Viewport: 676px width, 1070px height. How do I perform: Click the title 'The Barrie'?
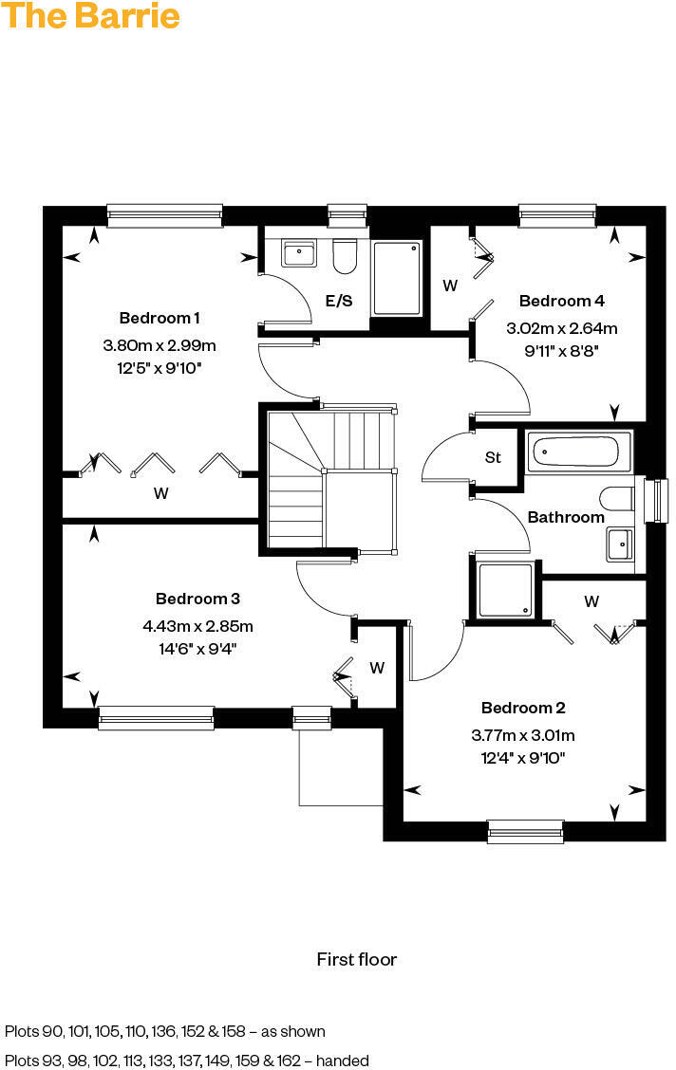point(91,16)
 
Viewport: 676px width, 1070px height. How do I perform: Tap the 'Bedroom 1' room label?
point(160,318)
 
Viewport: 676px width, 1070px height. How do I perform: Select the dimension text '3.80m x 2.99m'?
point(160,344)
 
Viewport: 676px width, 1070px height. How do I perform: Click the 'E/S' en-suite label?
point(339,302)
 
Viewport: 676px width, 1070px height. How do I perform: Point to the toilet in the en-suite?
point(344,254)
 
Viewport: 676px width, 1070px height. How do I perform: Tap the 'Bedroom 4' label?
point(562,301)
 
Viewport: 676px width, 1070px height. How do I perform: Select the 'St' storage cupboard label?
point(493,457)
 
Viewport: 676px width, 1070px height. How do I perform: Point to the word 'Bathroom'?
point(566,517)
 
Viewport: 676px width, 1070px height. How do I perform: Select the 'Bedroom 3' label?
point(197,599)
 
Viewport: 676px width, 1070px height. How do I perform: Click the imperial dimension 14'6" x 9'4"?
point(197,650)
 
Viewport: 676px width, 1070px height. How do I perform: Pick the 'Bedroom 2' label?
point(523,708)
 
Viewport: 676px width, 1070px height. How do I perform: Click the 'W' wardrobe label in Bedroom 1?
point(161,493)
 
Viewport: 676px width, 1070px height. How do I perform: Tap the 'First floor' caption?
point(356,959)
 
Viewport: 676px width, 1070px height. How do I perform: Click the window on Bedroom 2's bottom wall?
point(525,832)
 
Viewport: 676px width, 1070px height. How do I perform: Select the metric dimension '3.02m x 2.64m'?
point(562,329)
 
